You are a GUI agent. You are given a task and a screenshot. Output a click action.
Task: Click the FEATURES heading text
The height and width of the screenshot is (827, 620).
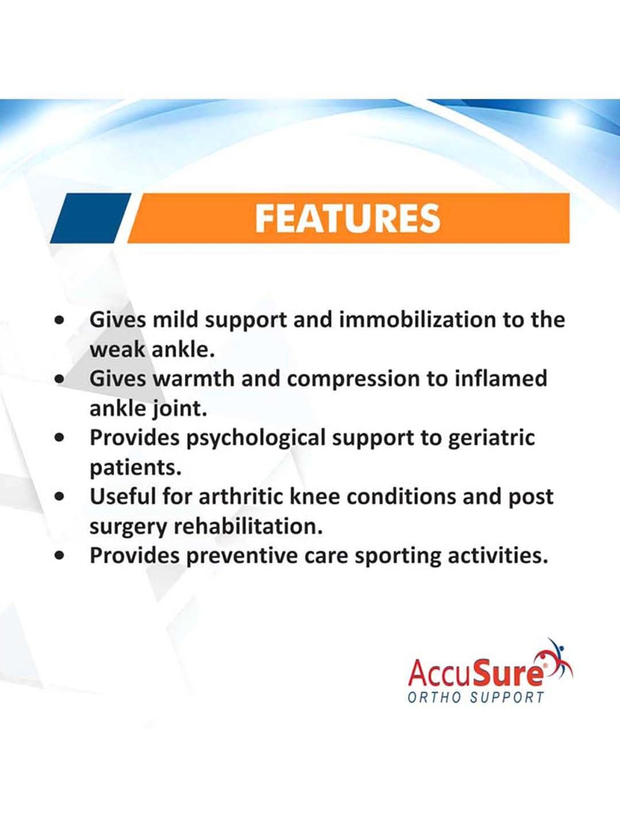tap(348, 218)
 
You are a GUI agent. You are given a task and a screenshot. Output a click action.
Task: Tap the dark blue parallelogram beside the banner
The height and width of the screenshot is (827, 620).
tap(91, 218)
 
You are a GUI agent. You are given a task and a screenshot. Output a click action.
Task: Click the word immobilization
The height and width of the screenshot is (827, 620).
tap(417, 320)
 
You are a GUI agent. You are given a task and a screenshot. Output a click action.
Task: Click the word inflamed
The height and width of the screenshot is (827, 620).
tap(501, 378)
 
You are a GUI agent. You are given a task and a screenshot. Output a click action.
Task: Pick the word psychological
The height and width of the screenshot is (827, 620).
tap(256, 438)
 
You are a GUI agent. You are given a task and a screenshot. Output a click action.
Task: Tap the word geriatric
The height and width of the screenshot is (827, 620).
tap(491, 438)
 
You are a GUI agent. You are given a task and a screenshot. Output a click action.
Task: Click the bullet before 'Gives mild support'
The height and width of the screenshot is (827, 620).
tap(60, 320)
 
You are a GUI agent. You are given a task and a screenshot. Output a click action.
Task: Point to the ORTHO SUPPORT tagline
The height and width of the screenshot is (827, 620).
tap(476, 698)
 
